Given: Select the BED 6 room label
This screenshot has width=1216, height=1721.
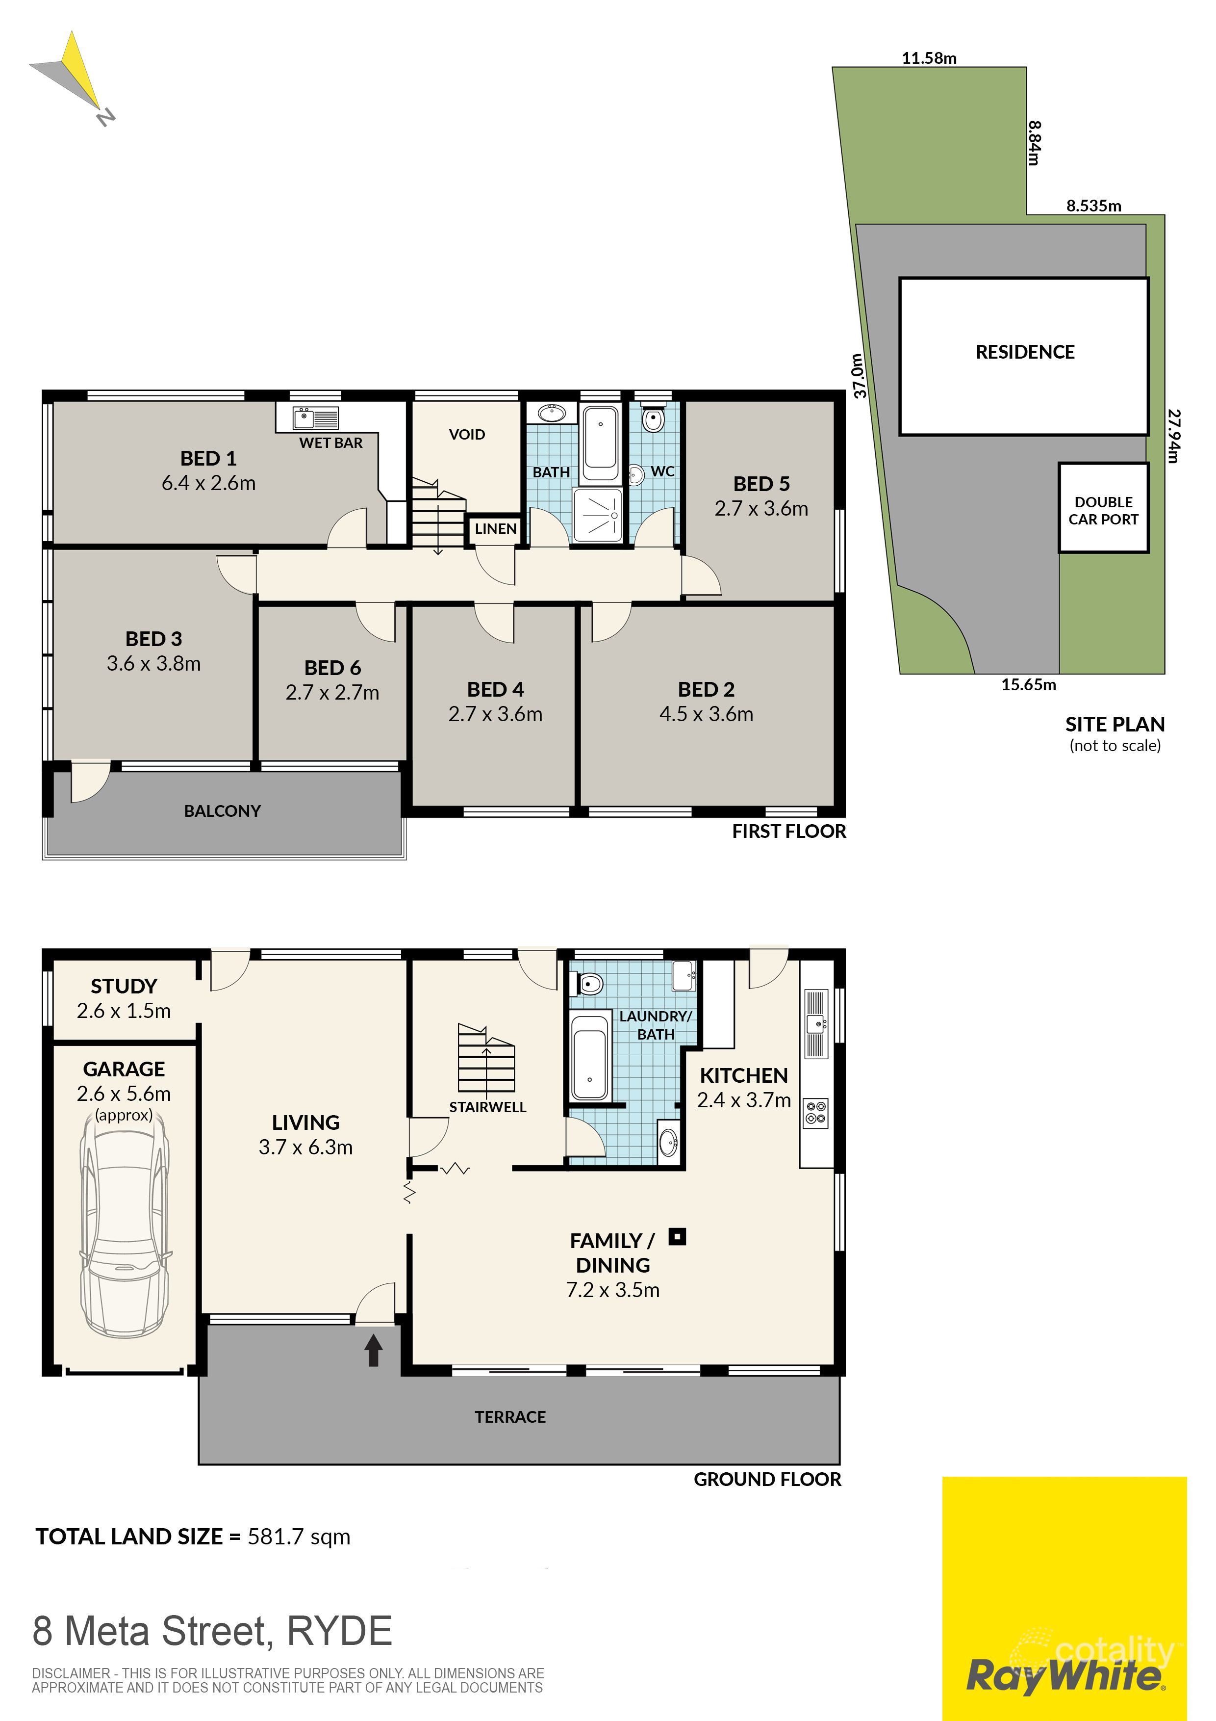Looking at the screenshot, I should tap(332, 668).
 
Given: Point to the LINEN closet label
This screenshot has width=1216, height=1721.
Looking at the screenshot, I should tap(495, 528).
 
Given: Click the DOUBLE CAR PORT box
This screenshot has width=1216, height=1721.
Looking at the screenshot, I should tap(1102, 510).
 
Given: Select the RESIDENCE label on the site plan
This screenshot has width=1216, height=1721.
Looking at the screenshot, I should tap(1024, 352).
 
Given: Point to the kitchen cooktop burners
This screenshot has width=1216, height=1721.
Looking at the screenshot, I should tap(816, 1112).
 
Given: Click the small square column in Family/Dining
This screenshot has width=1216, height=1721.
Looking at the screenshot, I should tap(677, 1237).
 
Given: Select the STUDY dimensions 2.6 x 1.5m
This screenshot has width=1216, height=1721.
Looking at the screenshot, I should tap(124, 1011).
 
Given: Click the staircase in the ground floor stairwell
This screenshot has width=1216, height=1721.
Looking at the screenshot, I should tap(486, 1058).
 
